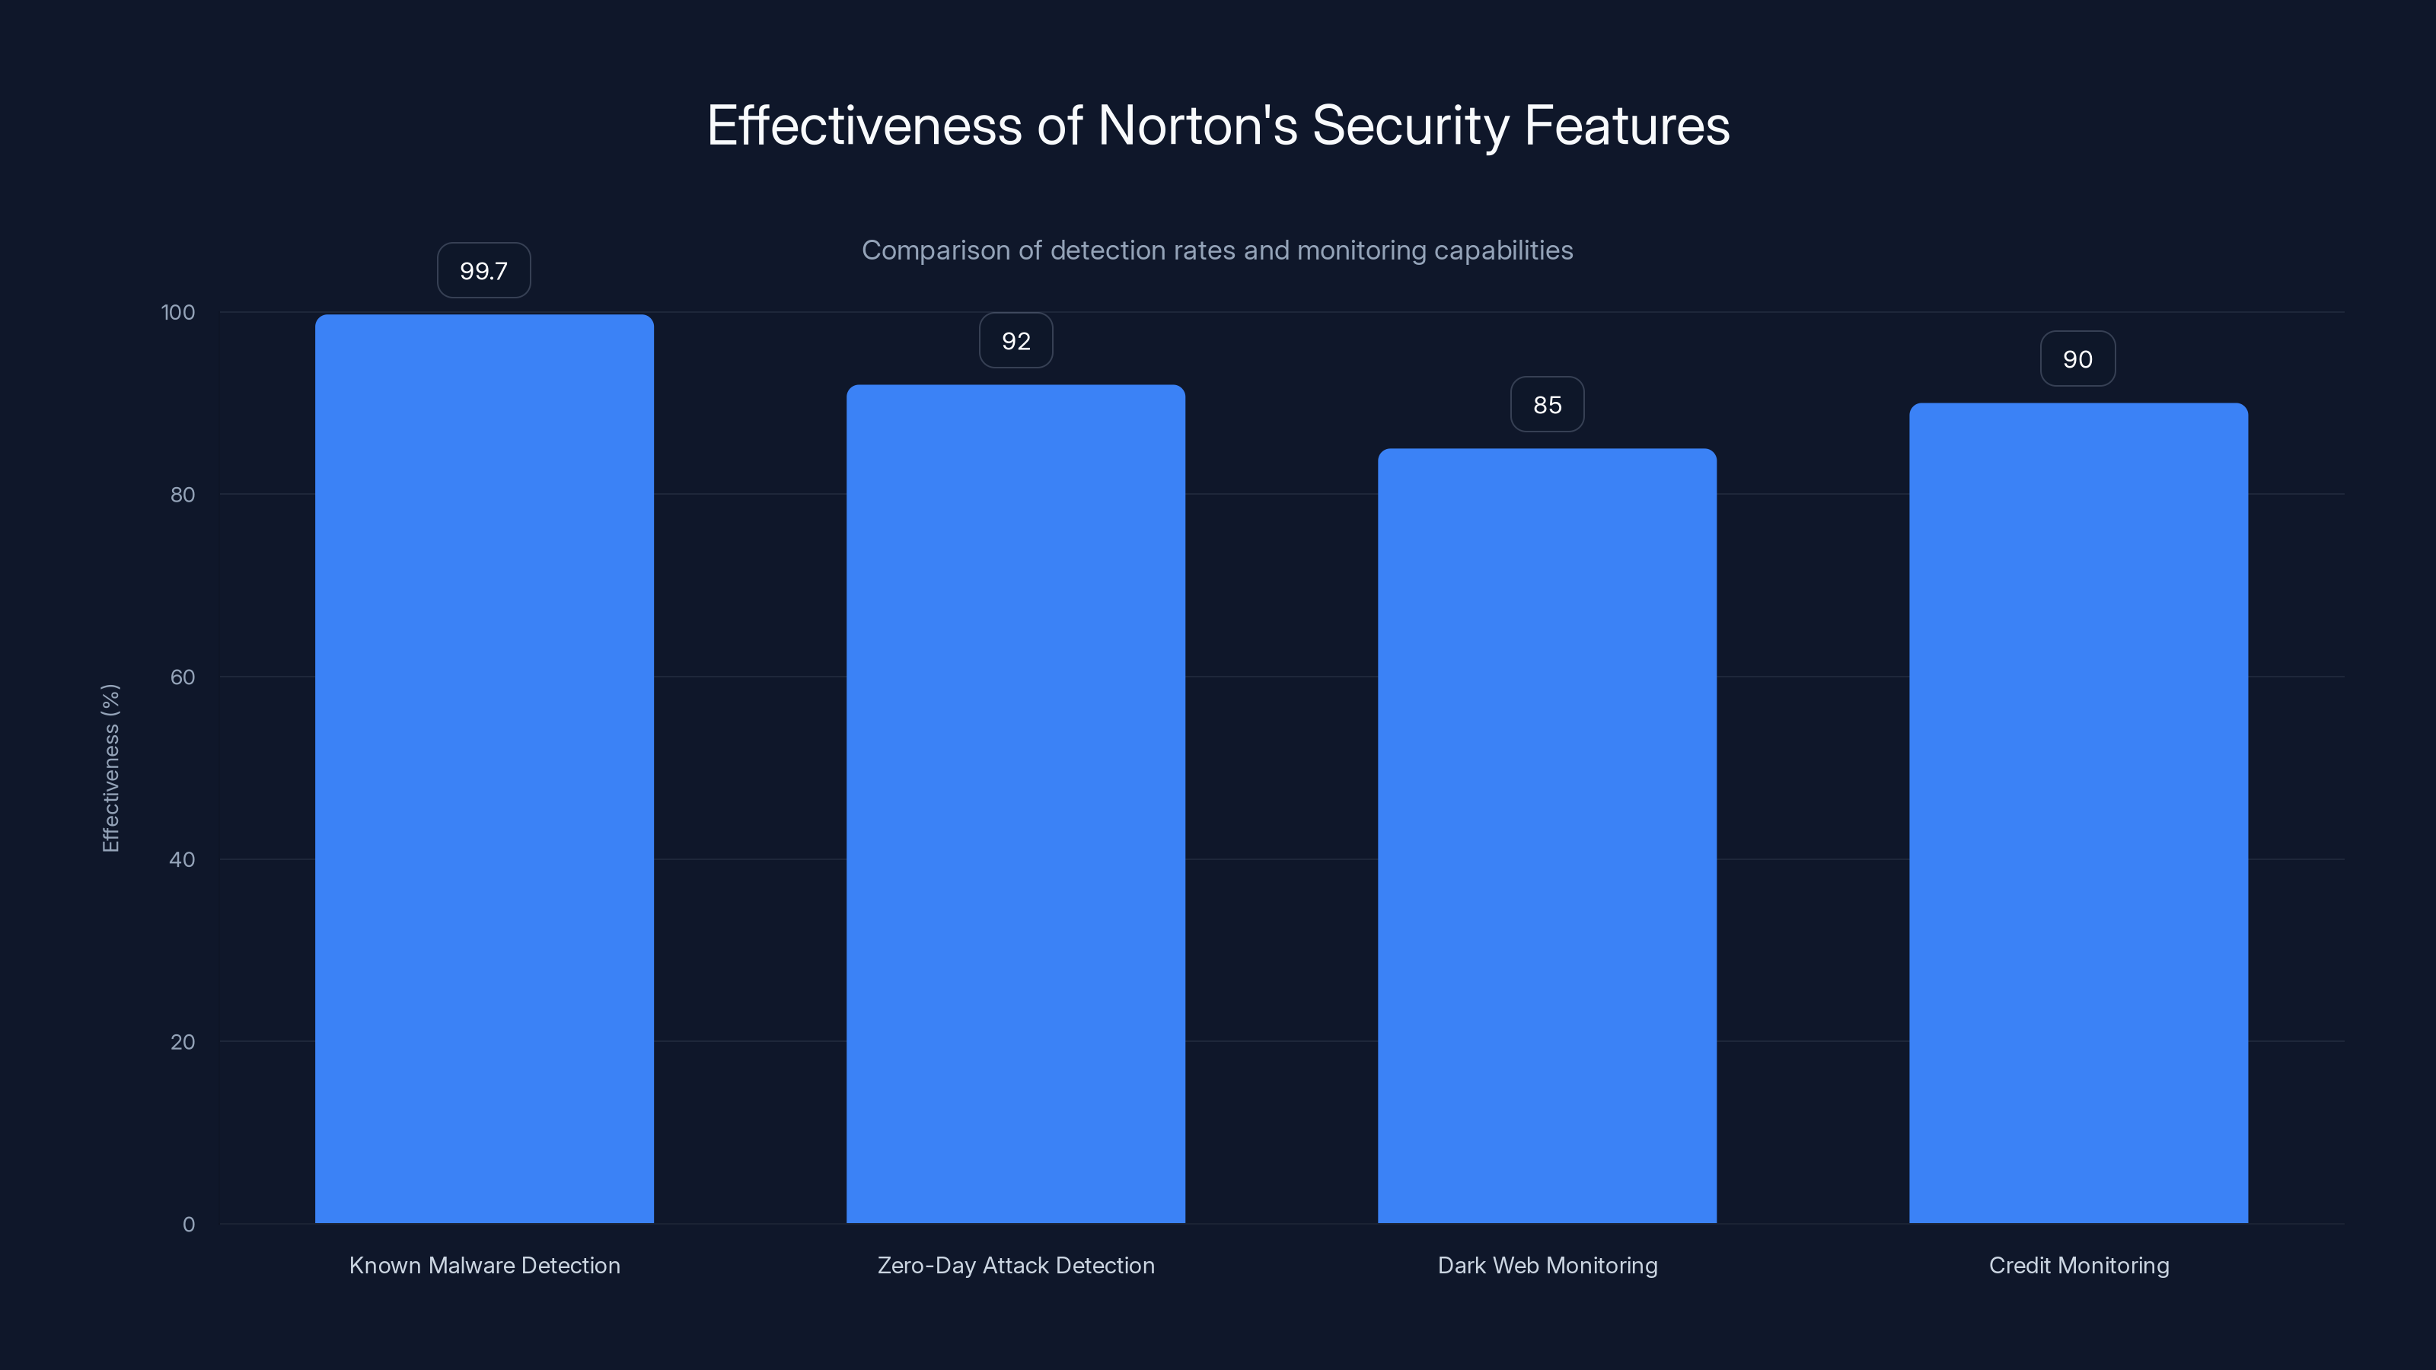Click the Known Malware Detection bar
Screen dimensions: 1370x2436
pos(484,768)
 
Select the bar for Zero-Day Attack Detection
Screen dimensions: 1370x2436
pos(1016,804)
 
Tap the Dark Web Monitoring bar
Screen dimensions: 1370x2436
pos(1547,836)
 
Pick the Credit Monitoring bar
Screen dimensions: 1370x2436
pos(2078,813)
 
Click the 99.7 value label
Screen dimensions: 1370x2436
pos(483,272)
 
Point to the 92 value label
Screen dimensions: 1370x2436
pos(1016,341)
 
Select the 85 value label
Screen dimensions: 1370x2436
pos(1547,406)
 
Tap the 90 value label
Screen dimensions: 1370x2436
pos(2077,359)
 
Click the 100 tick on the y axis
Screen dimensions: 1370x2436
pos(178,313)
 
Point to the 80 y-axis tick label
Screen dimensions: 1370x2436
pos(183,495)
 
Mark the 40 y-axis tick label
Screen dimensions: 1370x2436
pos(183,860)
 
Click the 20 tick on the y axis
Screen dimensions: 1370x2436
pos(183,1043)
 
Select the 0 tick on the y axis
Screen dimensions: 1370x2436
pos(188,1225)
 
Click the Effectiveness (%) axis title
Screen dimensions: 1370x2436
pos(110,768)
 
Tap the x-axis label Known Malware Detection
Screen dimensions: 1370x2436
pos(484,1266)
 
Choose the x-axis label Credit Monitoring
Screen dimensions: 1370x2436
pos(2078,1266)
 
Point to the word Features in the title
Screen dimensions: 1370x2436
pos(1627,126)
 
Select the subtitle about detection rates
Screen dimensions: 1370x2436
pos(1217,250)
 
